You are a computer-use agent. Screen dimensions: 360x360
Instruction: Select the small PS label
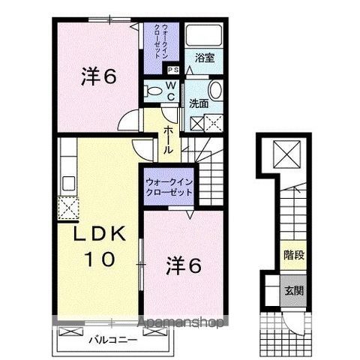(173, 70)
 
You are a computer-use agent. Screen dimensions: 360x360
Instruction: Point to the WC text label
(171, 91)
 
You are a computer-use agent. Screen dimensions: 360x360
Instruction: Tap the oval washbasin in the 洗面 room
(215, 91)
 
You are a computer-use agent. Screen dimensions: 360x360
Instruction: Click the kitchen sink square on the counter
(67, 182)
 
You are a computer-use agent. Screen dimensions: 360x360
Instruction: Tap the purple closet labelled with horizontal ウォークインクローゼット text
(169, 186)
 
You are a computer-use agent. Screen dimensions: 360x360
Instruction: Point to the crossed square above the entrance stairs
(286, 154)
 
